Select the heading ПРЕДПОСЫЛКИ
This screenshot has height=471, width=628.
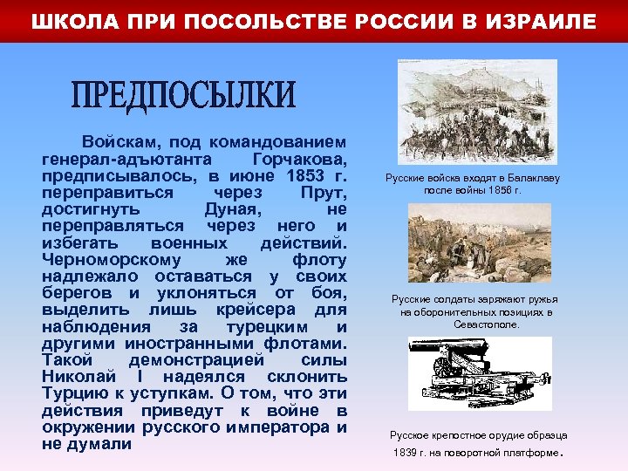[183, 97]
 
